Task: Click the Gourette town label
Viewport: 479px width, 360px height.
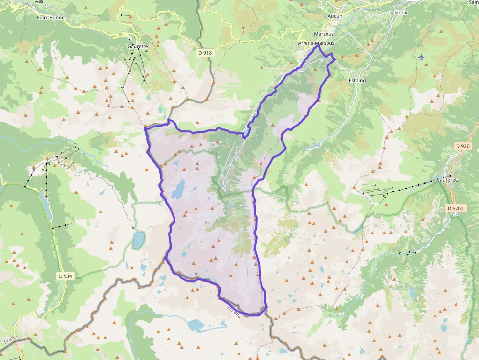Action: click(137, 46)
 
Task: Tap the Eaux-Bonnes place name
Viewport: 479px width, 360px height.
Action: click(51, 17)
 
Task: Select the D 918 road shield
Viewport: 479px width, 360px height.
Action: click(206, 52)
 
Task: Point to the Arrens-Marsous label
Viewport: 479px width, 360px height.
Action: click(316, 43)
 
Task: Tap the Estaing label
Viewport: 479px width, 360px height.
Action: click(357, 80)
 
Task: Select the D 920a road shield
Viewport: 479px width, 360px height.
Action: click(457, 209)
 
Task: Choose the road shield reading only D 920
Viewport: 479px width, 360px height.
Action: click(462, 146)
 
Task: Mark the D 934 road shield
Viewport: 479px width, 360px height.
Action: click(65, 276)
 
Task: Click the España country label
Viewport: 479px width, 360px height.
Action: click(234, 311)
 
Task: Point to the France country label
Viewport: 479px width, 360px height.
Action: click(11, 339)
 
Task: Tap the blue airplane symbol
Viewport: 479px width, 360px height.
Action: click(421, 57)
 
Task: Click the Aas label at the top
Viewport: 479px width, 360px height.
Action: click(39, 2)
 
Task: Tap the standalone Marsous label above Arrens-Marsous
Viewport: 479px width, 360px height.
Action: click(324, 34)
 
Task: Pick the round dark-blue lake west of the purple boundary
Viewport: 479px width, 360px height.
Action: click(138, 239)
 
